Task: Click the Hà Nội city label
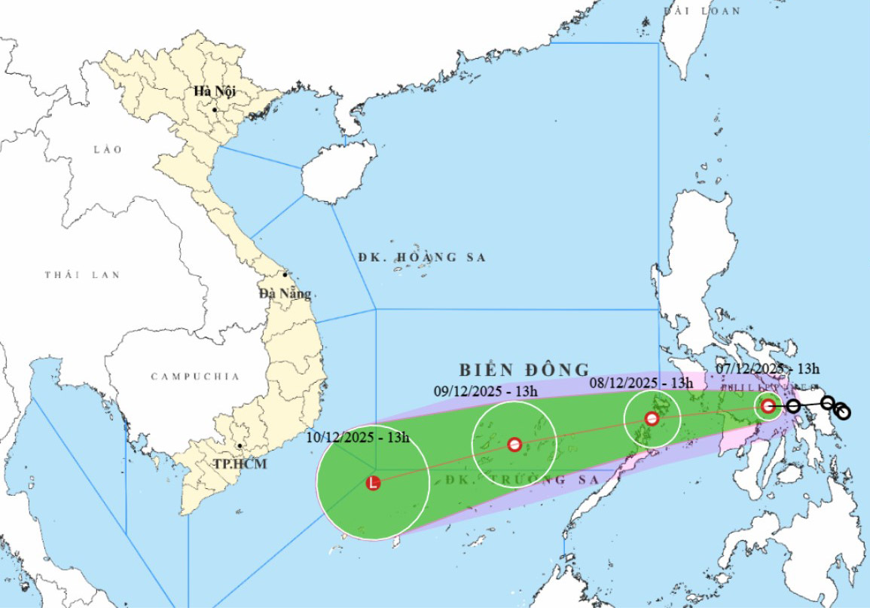coord(215,91)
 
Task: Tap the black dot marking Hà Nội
coord(215,110)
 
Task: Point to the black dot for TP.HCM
coord(239,446)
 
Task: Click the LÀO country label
coord(107,150)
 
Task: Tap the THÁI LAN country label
coord(82,275)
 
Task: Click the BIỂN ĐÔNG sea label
coord(524,370)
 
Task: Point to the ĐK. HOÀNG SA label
coord(422,258)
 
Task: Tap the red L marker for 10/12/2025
coord(373,484)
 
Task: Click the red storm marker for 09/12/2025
coord(514,445)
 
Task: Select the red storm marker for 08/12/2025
coord(652,418)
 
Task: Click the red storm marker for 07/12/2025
coord(768,406)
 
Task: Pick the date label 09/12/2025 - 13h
coord(487,390)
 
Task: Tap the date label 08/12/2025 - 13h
coord(641,382)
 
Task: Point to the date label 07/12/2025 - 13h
coord(768,368)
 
